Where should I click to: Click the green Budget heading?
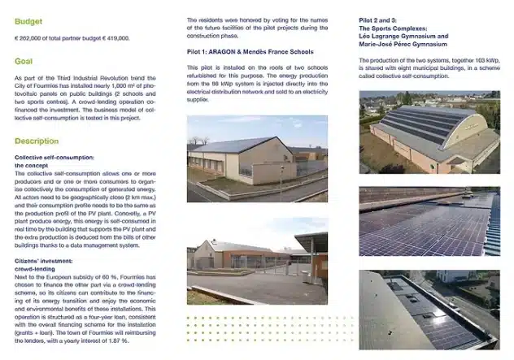29,20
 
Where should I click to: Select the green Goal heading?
24,61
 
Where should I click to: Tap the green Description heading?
37,141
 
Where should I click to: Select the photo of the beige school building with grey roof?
257,158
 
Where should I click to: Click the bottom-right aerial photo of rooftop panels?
429,310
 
